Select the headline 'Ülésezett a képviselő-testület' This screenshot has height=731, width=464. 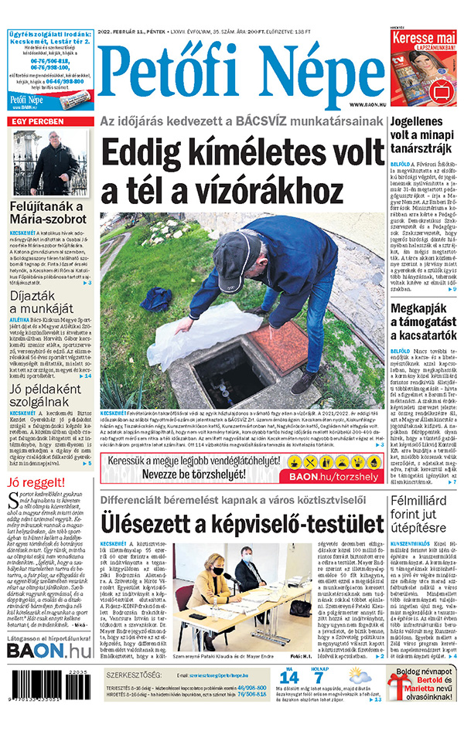pos(242,525)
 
